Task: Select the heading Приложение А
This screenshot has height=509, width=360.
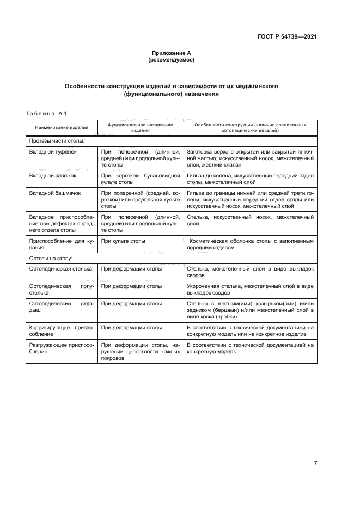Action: [172, 53]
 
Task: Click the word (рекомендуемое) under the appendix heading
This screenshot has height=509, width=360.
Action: [172, 60]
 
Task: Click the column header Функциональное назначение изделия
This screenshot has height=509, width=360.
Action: [141, 127]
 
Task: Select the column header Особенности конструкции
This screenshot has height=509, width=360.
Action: [250, 127]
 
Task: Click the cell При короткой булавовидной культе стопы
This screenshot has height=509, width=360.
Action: [140, 180]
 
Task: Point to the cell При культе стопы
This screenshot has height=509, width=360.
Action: [122, 240]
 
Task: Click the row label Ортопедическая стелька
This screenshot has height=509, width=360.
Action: [61, 269]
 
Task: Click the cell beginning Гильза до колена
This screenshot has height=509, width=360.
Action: [250, 180]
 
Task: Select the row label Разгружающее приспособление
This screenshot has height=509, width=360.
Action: [61, 348]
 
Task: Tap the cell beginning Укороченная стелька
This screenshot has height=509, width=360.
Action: [250, 289]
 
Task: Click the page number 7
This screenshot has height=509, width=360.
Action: [315, 463]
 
